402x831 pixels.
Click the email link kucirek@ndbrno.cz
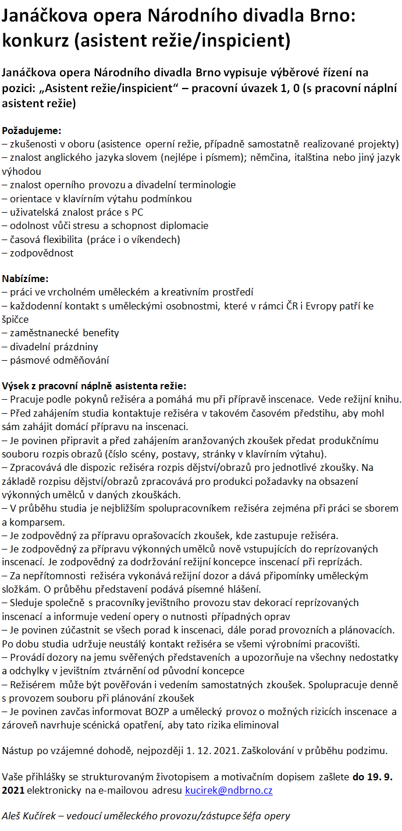229,791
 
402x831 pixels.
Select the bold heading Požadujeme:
31,130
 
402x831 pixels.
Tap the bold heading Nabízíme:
26,279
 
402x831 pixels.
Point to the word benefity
100,333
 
